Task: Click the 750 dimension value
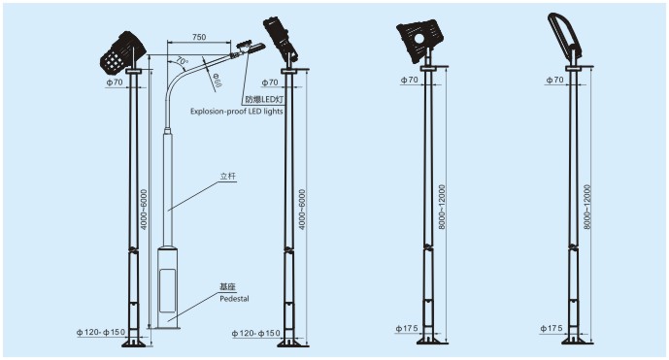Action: (x=199, y=37)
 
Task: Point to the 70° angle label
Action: (x=182, y=61)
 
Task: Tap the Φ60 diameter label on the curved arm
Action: (x=217, y=81)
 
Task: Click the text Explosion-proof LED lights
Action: (x=236, y=112)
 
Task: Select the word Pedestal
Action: (x=234, y=299)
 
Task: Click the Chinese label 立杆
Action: (x=228, y=177)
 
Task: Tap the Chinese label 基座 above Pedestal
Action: (x=228, y=287)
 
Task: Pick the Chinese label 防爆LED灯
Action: (x=264, y=100)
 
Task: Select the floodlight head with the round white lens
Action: (x=418, y=41)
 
